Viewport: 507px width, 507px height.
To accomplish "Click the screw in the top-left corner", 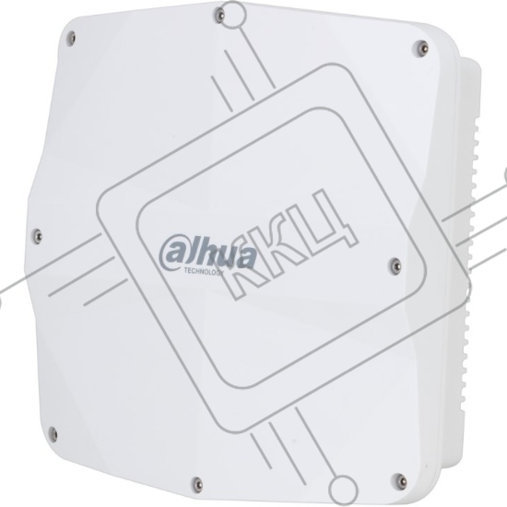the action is (72, 39).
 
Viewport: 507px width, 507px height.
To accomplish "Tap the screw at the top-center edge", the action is (219, 15).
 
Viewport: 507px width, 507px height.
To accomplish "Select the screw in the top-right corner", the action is (420, 48).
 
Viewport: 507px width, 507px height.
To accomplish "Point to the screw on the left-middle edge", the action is (38, 235).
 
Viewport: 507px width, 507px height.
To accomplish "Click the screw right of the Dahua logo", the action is (395, 265).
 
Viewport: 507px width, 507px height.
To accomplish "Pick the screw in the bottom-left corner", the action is (53, 434).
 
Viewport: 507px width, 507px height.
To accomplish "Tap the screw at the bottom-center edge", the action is (197, 484).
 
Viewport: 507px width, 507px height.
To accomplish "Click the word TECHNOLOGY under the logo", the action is (204, 272).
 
